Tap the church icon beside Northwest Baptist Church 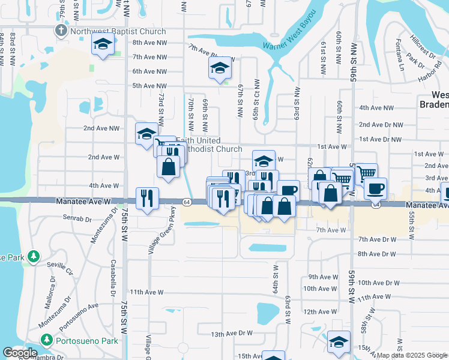point(61,31)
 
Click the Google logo point(20,353)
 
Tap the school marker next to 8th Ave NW point(103,44)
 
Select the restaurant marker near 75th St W point(147,197)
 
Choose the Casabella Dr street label point(112,278)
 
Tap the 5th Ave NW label point(149,86)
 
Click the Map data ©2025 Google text point(411,355)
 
